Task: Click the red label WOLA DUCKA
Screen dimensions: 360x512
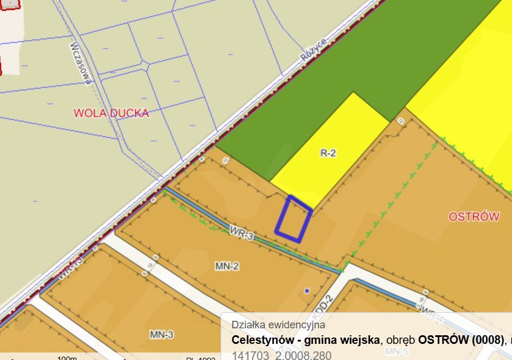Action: [x=111, y=113]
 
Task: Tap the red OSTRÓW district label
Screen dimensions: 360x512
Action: [x=473, y=217]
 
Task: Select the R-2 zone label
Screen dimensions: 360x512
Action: [x=328, y=153]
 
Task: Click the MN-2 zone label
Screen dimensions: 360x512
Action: [x=227, y=266]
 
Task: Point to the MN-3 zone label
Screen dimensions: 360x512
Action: [x=162, y=335]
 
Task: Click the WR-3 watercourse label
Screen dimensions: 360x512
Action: [x=241, y=234]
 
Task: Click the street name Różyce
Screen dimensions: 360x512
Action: [x=314, y=50]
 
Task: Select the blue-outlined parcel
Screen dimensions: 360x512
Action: [x=293, y=219]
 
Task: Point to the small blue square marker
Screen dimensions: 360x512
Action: [x=307, y=290]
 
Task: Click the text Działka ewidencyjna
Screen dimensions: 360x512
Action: [x=278, y=324]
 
